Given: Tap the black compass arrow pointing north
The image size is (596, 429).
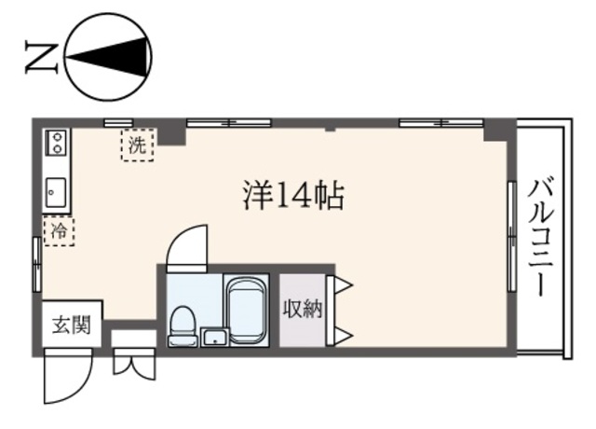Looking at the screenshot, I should point(102,59).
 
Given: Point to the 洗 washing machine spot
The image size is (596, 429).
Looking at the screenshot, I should point(137,145).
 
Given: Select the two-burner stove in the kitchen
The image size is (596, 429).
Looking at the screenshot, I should point(56,143).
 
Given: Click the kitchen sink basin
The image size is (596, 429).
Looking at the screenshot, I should point(55,193).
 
